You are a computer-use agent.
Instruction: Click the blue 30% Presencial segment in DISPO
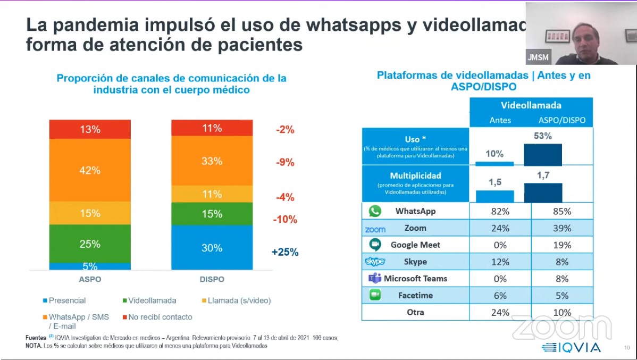pos(212,248)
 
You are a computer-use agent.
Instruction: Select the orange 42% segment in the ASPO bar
pos(90,170)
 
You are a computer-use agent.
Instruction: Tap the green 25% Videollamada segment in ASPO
pos(90,244)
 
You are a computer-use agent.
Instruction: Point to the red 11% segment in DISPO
pos(212,128)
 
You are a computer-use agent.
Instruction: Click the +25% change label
pos(285,252)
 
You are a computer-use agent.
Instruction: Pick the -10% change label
pos(285,219)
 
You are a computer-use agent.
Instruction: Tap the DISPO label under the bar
pos(212,279)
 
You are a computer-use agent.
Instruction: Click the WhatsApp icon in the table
pos(375,211)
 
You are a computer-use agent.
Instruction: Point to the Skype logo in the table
pos(375,262)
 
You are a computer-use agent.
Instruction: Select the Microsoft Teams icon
pos(375,278)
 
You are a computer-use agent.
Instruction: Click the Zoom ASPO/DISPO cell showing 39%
pos(561,228)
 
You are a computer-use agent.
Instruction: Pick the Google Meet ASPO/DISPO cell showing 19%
pos(561,245)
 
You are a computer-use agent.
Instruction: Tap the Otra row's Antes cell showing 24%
pos(500,312)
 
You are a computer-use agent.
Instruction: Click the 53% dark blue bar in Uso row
pos(542,155)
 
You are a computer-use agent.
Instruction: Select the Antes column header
pos(500,120)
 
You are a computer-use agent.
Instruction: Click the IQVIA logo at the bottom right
pos(572,348)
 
